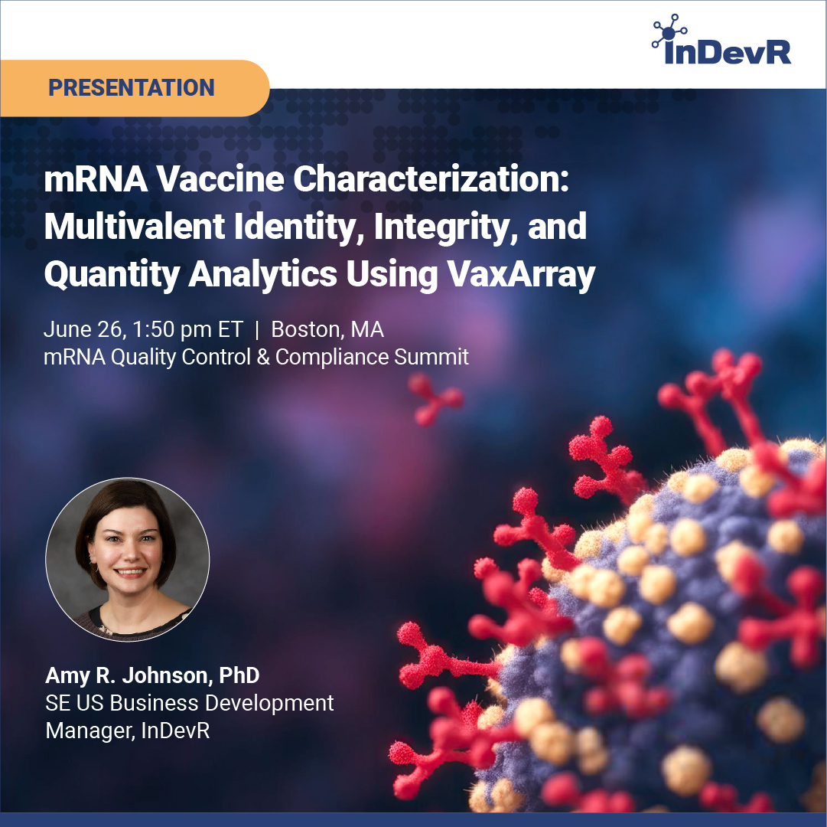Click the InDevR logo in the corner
point(721,40)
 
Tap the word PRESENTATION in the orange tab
point(132,87)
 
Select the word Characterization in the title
point(431,179)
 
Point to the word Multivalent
point(135,227)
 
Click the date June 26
point(84,330)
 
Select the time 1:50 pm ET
point(187,329)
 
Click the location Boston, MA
point(327,329)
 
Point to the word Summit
point(431,357)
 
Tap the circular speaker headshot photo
point(128,560)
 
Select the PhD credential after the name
point(239,675)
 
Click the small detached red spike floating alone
point(435,399)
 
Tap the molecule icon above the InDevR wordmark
point(669,31)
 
